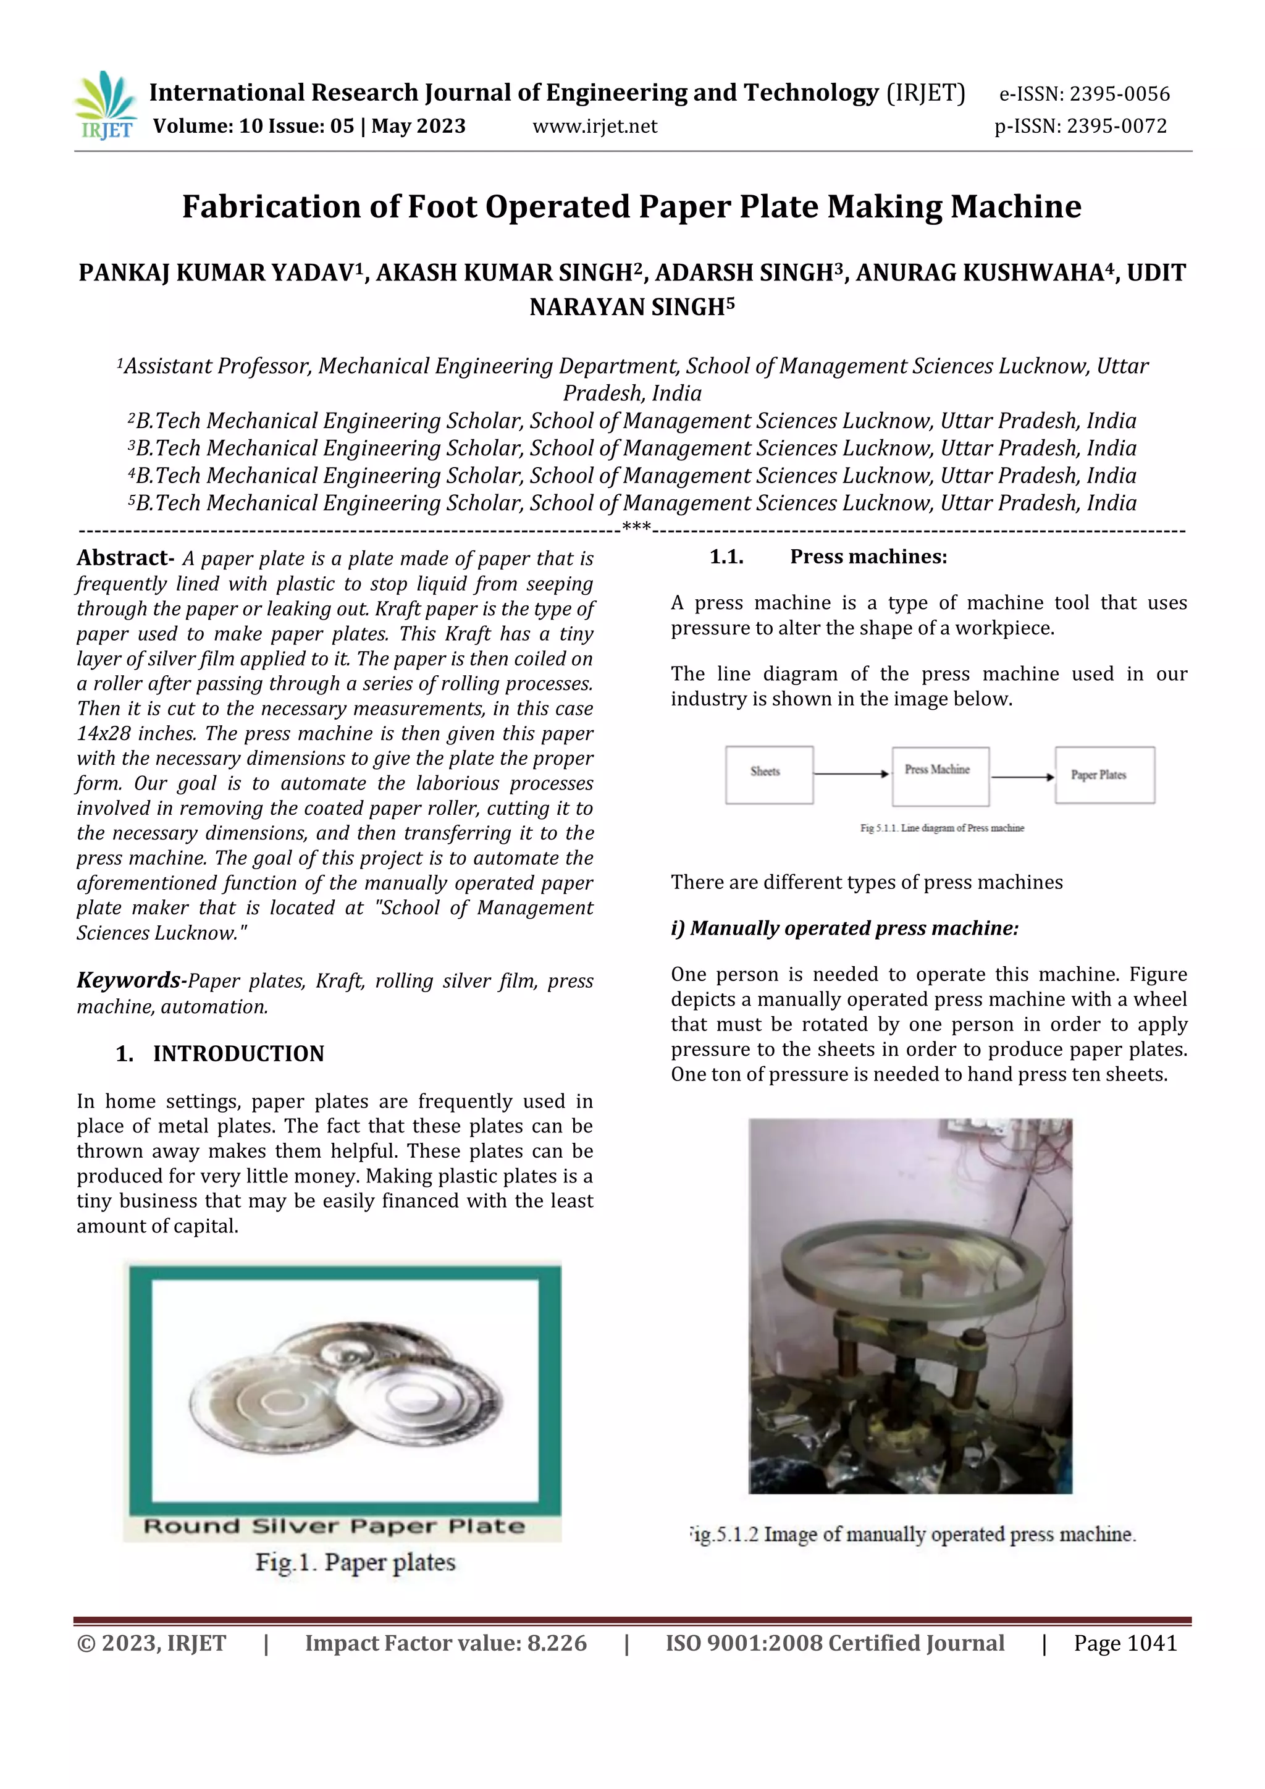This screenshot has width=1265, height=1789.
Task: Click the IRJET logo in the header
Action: coord(105,105)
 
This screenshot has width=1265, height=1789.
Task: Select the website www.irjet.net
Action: coord(594,126)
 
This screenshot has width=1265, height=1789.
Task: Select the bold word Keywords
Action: coord(128,980)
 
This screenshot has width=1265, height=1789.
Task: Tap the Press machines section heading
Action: coord(868,557)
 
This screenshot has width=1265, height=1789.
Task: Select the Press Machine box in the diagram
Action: coord(940,776)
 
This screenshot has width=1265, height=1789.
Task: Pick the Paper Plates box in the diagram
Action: coord(1104,775)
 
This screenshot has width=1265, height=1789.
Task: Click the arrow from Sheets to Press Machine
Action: coord(851,773)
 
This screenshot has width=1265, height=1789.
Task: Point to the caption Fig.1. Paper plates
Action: coord(355,1563)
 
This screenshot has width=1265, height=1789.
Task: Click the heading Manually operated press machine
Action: coord(844,928)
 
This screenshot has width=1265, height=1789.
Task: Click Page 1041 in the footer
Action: coord(1124,1643)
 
